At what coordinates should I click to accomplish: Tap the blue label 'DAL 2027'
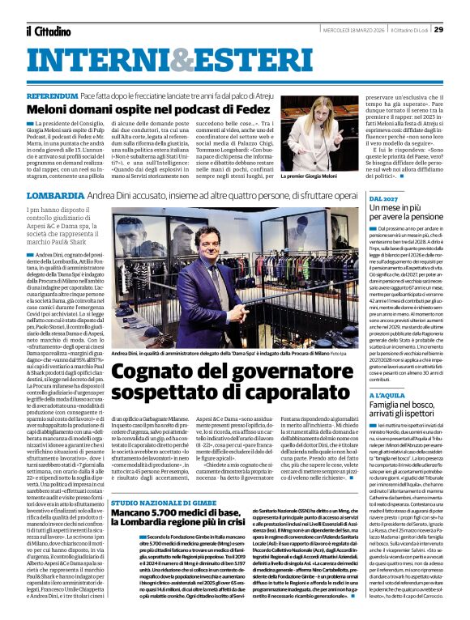(x=382, y=198)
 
